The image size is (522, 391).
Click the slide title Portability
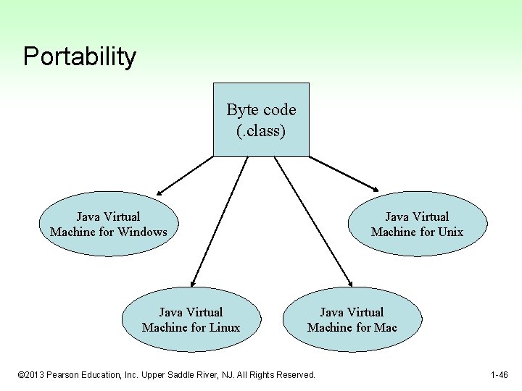[79, 56]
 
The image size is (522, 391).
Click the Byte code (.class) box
[261, 119]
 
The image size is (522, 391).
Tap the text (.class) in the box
[261, 132]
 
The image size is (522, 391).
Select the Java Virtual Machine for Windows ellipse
[109, 224]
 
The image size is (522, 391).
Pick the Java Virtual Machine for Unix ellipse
[417, 224]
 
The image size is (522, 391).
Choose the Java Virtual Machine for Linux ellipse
[191, 319]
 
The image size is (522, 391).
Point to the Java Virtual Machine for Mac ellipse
[352, 319]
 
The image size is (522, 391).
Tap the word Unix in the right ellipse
[449, 232]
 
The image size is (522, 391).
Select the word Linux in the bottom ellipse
[223, 327]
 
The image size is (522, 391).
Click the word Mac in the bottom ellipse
[386, 327]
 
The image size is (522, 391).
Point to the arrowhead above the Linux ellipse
[193, 284]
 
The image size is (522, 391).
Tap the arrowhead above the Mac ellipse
[349, 284]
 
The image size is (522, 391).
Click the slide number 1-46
[499, 375]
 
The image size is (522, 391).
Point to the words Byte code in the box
[261, 110]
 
